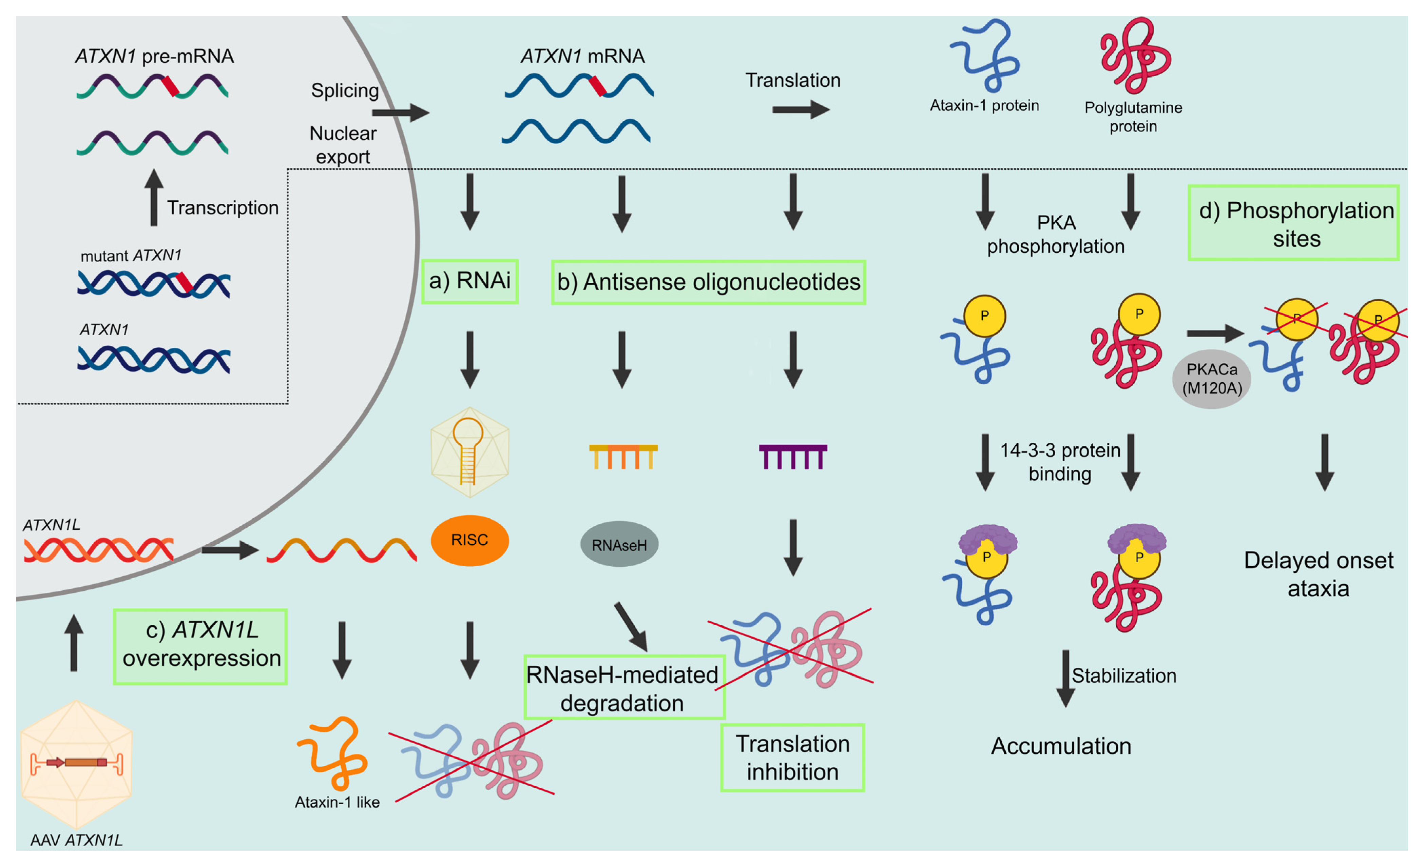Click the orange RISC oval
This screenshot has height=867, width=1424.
point(469,540)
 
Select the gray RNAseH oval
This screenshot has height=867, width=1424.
point(619,544)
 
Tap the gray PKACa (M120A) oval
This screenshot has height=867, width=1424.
point(1211,379)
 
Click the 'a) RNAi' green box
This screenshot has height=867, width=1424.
point(469,281)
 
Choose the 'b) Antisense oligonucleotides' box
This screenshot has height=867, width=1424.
point(708,282)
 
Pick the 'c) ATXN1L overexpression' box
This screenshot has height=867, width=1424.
point(200,646)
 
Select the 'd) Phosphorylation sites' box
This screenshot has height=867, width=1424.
point(1293,223)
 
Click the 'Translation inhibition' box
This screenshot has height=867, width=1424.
point(792,757)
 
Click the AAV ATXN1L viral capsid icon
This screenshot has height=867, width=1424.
point(76,763)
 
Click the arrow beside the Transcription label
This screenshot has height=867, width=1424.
point(154,198)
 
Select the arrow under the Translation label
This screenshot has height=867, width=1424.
point(801,109)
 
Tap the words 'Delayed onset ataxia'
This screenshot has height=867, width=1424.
point(1318,574)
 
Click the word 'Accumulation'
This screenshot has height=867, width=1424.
point(1060,746)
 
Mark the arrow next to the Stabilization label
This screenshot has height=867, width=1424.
point(1065,678)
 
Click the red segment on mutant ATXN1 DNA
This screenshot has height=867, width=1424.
point(184,282)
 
